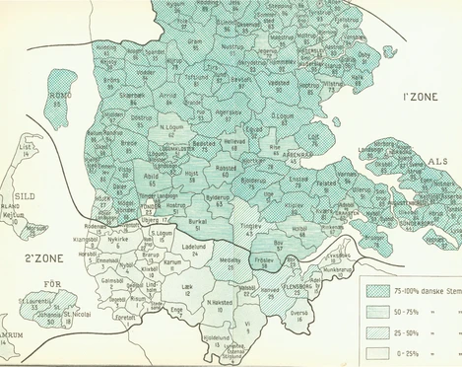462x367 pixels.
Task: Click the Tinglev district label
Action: coord(250,225)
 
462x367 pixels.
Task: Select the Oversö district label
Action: coord(297,312)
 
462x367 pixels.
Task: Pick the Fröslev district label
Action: coord(292,257)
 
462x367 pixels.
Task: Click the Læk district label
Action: coord(187,285)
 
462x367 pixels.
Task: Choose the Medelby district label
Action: coord(230,260)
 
